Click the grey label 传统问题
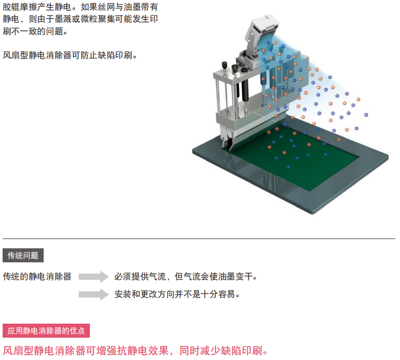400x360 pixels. pos(23,255)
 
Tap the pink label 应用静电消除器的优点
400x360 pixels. pos(46,331)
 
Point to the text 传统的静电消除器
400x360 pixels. pos(37,276)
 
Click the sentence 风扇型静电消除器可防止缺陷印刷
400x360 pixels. pos(70,55)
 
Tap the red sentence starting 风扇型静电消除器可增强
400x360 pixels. pos(136,351)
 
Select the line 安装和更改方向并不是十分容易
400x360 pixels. pos(177,294)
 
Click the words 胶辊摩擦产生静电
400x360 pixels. pos(37,7)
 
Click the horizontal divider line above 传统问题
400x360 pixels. pos(199,238)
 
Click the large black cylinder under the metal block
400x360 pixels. pos(245,90)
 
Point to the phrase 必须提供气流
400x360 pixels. pos(140,276)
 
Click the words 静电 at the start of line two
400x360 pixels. pos(11,19)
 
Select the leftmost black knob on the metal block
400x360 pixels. pos(224,65)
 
